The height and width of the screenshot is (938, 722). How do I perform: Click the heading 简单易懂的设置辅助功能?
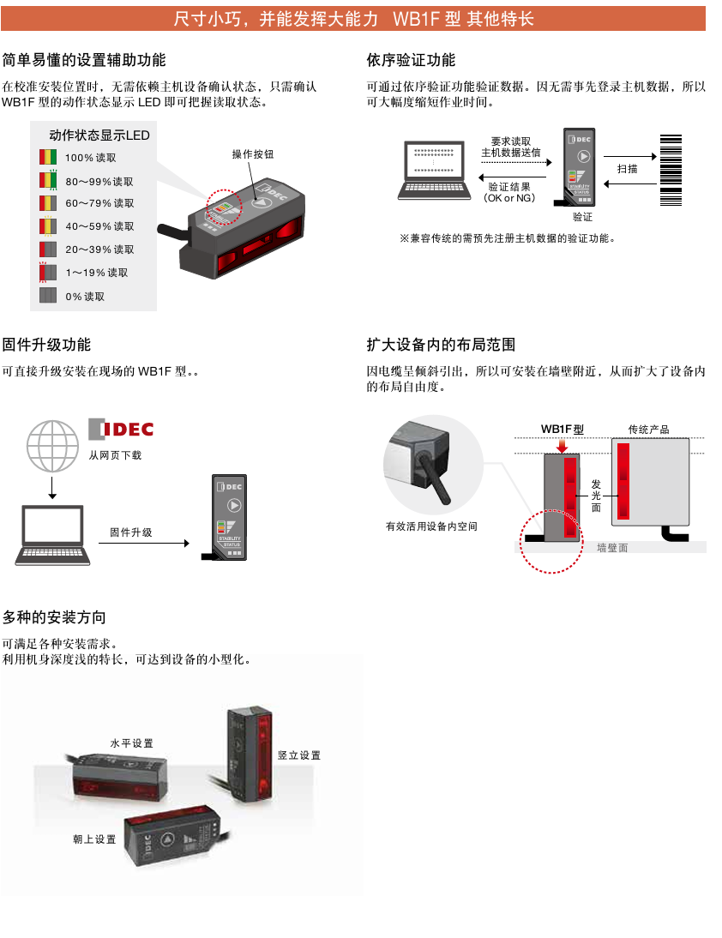[84, 60]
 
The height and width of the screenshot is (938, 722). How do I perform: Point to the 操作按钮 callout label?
[253, 154]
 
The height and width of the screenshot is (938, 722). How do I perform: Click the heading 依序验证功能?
[411, 60]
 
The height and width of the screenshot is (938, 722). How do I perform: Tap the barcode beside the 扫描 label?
[671, 170]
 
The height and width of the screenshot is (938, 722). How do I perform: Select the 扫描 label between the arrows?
[628, 169]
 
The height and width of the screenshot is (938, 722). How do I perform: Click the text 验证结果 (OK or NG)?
[509, 192]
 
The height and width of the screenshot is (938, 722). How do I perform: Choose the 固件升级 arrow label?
[131, 532]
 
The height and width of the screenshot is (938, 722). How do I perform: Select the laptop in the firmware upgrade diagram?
[52, 536]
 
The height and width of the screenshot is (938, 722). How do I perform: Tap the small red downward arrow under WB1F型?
[563, 447]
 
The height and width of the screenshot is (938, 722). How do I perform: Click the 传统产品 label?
[648, 429]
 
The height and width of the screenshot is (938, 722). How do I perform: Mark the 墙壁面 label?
[612, 547]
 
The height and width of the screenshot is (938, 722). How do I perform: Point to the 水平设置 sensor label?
[132, 743]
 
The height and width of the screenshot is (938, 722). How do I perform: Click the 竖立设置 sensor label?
[299, 755]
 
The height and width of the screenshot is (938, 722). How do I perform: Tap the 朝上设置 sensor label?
[94, 839]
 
